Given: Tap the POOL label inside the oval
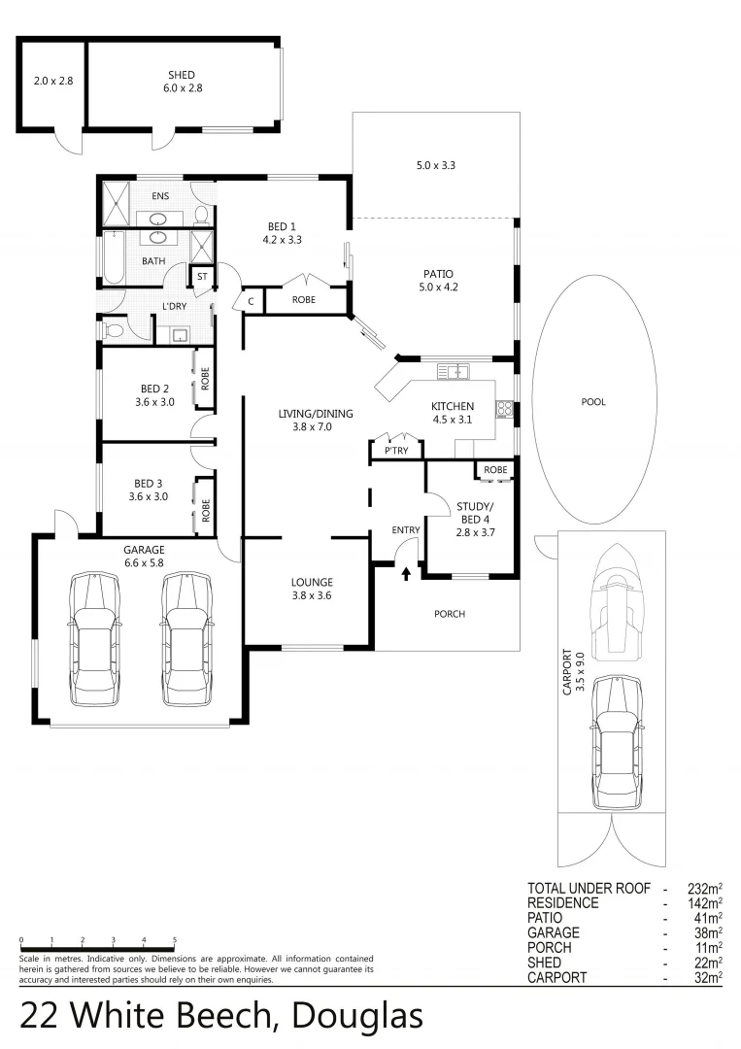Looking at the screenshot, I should (x=592, y=402).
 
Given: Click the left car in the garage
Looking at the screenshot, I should (x=94, y=639).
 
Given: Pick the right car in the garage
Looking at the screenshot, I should (x=187, y=639).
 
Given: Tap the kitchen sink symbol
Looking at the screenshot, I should (x=454, y=371).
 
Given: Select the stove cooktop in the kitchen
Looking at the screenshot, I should (x=504, y=410).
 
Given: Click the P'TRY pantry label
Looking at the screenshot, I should (x=395, y=451).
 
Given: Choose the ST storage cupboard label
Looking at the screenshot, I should (x=202, y=277).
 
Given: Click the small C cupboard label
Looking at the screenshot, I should (x=250, y=301).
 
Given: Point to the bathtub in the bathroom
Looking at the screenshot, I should (x=110, y=261).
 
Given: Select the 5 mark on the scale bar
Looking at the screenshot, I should (x=175, y=940).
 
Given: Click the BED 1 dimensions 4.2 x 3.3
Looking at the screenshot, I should (x=283, y=239).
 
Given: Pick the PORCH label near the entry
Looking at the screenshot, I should (x=450, y=614).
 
